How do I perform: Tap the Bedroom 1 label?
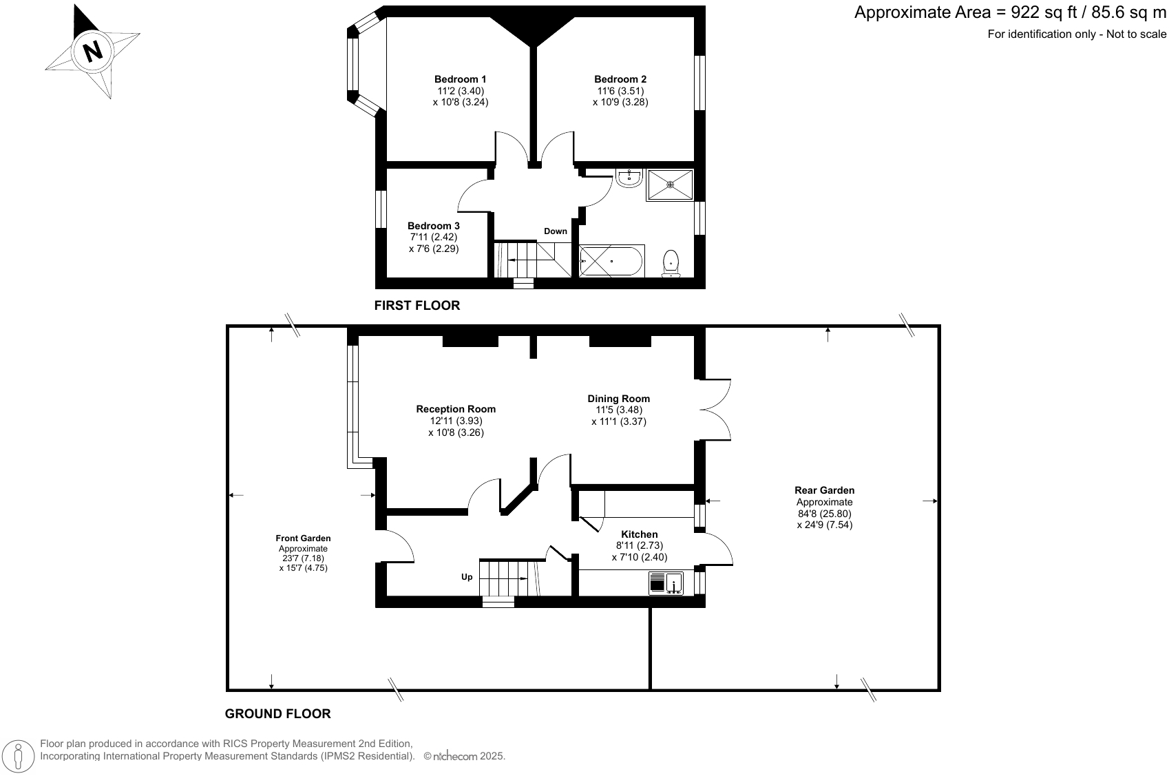coord(460,79)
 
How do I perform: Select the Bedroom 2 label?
coord(620,79)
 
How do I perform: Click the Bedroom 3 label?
coord(433,226)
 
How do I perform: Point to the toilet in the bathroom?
coord(671,264)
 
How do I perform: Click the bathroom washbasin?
coord(629,178)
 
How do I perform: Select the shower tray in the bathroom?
coord(670,185)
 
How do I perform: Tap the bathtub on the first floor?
coord(611,261)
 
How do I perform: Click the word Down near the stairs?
coord(555,231)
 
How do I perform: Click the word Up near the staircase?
coord(467,577)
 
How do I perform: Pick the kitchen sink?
coord(666,583)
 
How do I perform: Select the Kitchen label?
coord(639,534)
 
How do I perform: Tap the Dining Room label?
coord(618,399)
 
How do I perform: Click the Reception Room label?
coord(456,409)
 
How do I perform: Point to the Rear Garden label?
coord(824,490)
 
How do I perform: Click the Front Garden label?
coord(303,538)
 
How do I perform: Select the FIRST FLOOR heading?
coord(417,305)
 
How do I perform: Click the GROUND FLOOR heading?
coord(277,714)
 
